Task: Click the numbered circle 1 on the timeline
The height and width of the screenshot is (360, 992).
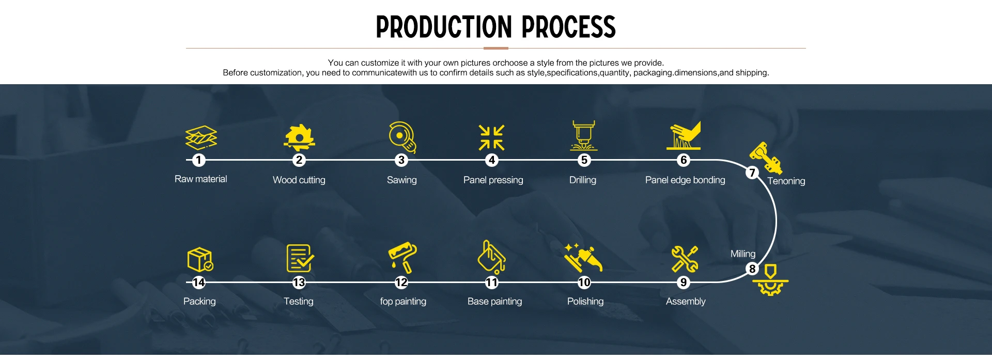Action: (x=199, y=160)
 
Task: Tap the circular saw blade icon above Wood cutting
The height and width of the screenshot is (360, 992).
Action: (x=299, y=137)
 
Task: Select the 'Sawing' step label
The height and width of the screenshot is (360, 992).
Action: (x=402, y=180)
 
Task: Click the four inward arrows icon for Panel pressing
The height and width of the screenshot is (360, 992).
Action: (x=491, y=138)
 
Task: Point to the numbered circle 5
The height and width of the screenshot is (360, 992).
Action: (x=584, y=160)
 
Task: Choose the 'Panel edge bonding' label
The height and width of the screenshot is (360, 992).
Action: (x=685, y=180)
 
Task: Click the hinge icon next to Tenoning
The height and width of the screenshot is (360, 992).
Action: (x=766, y=158)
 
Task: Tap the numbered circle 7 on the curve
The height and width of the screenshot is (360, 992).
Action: (x=752, y=173)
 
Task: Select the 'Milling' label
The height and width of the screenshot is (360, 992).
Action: (x=743, y=254)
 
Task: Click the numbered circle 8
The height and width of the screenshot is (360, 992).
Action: (x=752, y=269)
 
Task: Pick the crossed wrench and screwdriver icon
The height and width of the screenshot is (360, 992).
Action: (x=685, y=259)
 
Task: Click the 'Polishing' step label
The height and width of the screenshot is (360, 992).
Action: (x=585, y=301)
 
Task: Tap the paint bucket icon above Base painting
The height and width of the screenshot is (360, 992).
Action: (x=491, y=257)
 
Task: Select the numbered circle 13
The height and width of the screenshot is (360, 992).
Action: (x=299, y=283)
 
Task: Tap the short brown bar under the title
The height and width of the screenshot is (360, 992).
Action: (x=496, y=48)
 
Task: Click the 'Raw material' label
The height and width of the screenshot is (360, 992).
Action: (x=201, y=179)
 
